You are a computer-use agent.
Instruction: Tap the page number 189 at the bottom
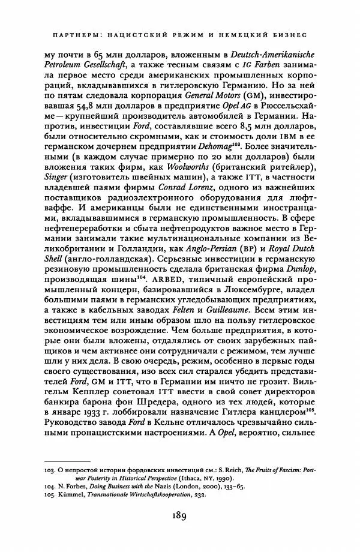(x=180, y=514)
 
